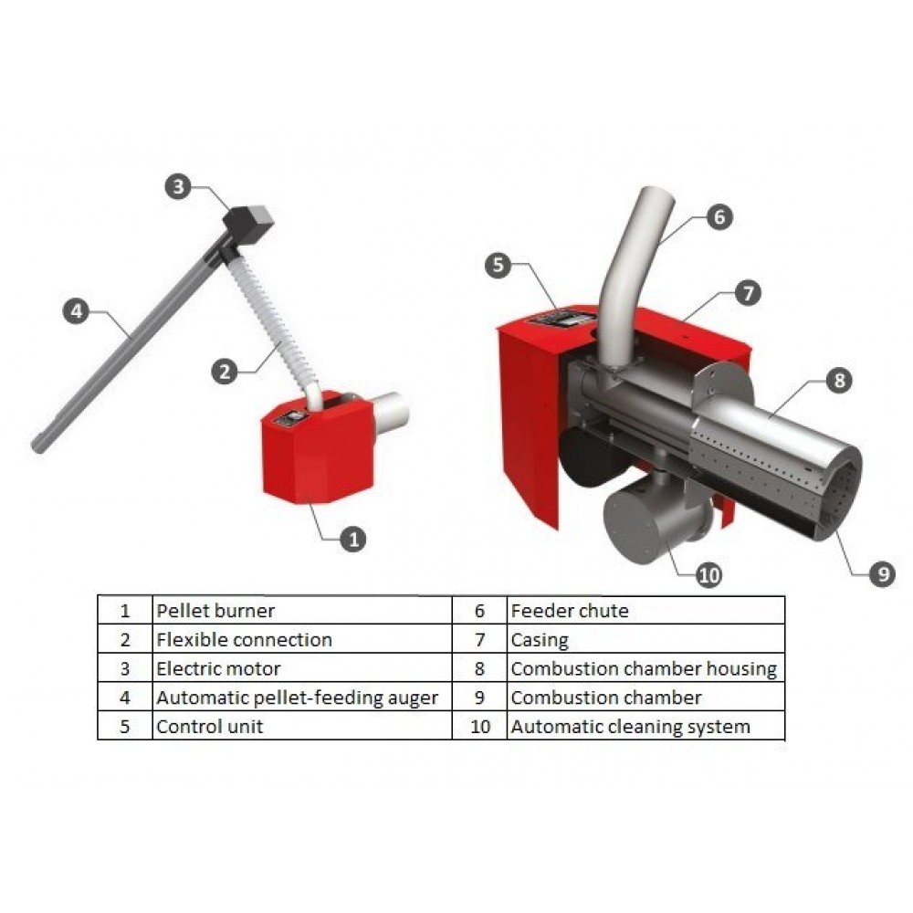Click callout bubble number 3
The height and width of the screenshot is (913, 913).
pos(178,186)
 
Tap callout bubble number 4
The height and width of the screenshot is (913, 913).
pos(77,311)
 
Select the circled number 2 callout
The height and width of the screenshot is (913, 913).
pos(225,372)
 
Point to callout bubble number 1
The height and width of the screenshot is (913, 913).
pos(352,539)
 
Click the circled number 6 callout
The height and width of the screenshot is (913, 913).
pos(719,216)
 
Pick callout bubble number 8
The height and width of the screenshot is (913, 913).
pos(839,380)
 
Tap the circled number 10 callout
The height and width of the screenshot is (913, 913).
pos(708,575)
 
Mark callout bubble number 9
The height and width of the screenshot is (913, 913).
pos(883,573)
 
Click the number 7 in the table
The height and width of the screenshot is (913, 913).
pos(480,640)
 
